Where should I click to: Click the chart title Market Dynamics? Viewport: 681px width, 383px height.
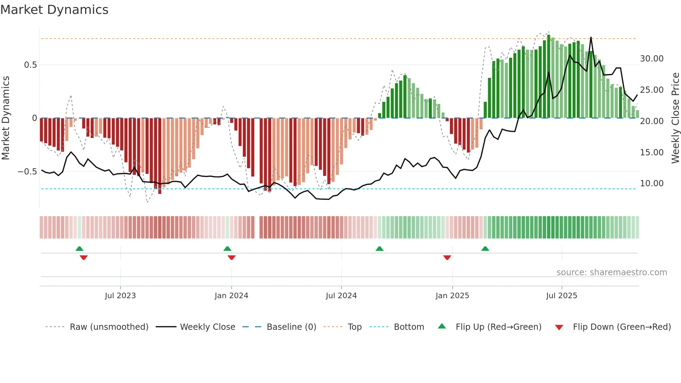[54, 10]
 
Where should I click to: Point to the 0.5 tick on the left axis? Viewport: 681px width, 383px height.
[30, 65]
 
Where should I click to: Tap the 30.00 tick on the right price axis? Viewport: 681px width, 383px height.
[651, 59]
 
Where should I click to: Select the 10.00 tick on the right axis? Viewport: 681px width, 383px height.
[651, 184]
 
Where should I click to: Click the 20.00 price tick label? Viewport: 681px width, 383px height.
[651, 121]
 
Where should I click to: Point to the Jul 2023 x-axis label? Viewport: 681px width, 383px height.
[120, 296]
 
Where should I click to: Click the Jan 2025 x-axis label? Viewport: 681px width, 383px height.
[452, 296]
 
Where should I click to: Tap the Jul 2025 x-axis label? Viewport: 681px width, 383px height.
[561, 296]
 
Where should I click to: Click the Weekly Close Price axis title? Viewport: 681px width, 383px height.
[675, 118]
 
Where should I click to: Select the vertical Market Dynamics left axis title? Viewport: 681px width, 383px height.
[6, 118]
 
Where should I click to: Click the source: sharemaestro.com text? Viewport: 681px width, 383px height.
[612, 272]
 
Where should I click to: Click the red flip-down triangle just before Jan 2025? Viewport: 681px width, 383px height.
[447, 258]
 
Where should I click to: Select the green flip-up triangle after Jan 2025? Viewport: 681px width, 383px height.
[485, 248]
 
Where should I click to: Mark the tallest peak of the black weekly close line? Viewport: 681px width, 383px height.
[591, 38]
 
